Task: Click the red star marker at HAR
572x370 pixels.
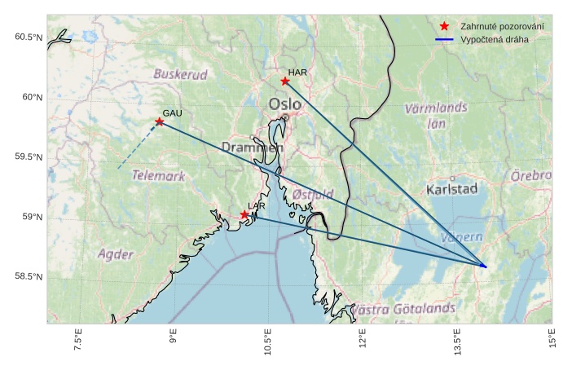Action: (285, 81)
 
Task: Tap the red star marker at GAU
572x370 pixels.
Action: (160, 122)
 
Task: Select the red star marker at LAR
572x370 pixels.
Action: (244, 214)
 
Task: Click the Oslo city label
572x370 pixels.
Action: (284, 104)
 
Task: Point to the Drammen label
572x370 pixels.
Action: (252, 148)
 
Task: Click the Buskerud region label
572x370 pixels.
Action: (180, 74)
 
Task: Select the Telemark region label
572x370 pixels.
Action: (158, 175)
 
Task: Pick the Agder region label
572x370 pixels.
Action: (115, 254)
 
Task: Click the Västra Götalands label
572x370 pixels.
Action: (403, 310)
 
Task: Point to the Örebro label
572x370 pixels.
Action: (531, 176)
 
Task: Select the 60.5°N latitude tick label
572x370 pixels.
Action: (27, 38)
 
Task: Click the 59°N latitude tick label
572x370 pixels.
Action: (31, 218)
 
